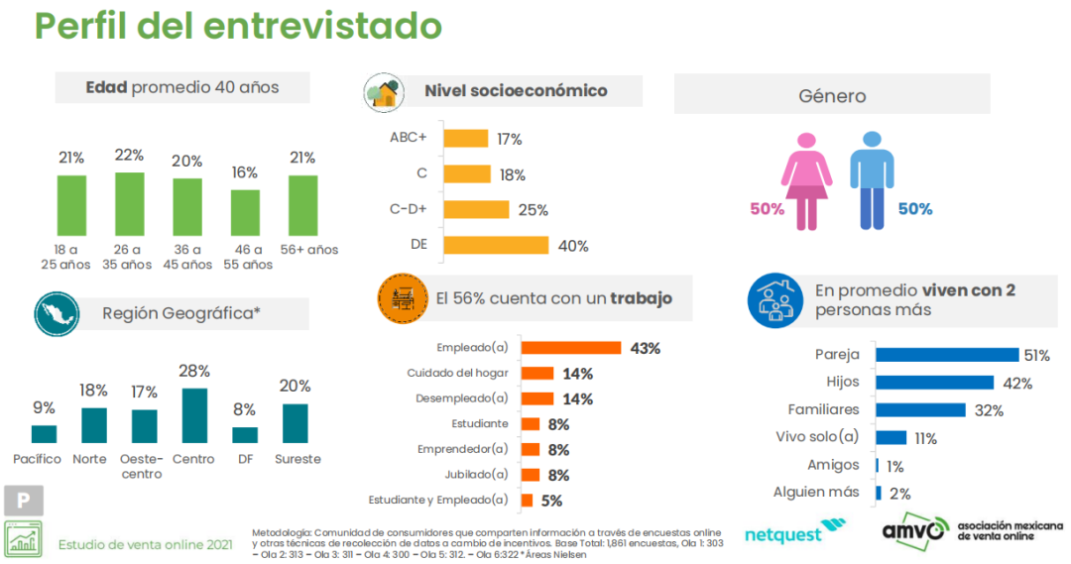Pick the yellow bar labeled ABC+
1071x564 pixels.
[465, 139]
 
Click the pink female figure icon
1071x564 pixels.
[805, 178]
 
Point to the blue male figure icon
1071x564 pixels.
[872, 178]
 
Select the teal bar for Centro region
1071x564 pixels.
[194, 414]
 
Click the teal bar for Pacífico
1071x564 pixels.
[44, 433]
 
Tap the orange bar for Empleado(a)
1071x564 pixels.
[571, 348]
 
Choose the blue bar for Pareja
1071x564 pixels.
[947, 355]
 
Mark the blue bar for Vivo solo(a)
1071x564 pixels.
[891, 437]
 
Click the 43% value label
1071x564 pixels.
[645, 348]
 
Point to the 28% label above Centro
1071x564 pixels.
[194, 371]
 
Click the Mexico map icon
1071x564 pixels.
[57, 315]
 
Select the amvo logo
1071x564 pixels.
[913, 530]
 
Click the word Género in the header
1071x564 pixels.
[832, 96]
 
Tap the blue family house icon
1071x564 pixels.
[774, 301]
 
